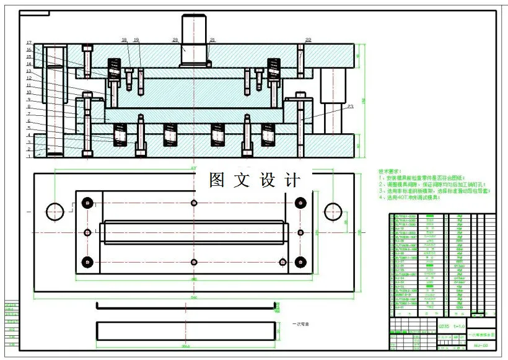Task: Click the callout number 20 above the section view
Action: (x=175, y=40)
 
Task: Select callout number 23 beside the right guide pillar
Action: (x=350, y=107)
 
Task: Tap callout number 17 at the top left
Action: (x=28, y=42)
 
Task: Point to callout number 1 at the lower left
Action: (x=28, y=156)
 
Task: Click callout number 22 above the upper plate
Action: (x=308, y=40)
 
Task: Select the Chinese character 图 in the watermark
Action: (x=216, y=180)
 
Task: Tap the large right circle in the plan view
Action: (x=333, y=210)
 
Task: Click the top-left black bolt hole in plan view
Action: (x=87, y=203)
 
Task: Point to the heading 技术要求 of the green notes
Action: (x=390, y=171)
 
